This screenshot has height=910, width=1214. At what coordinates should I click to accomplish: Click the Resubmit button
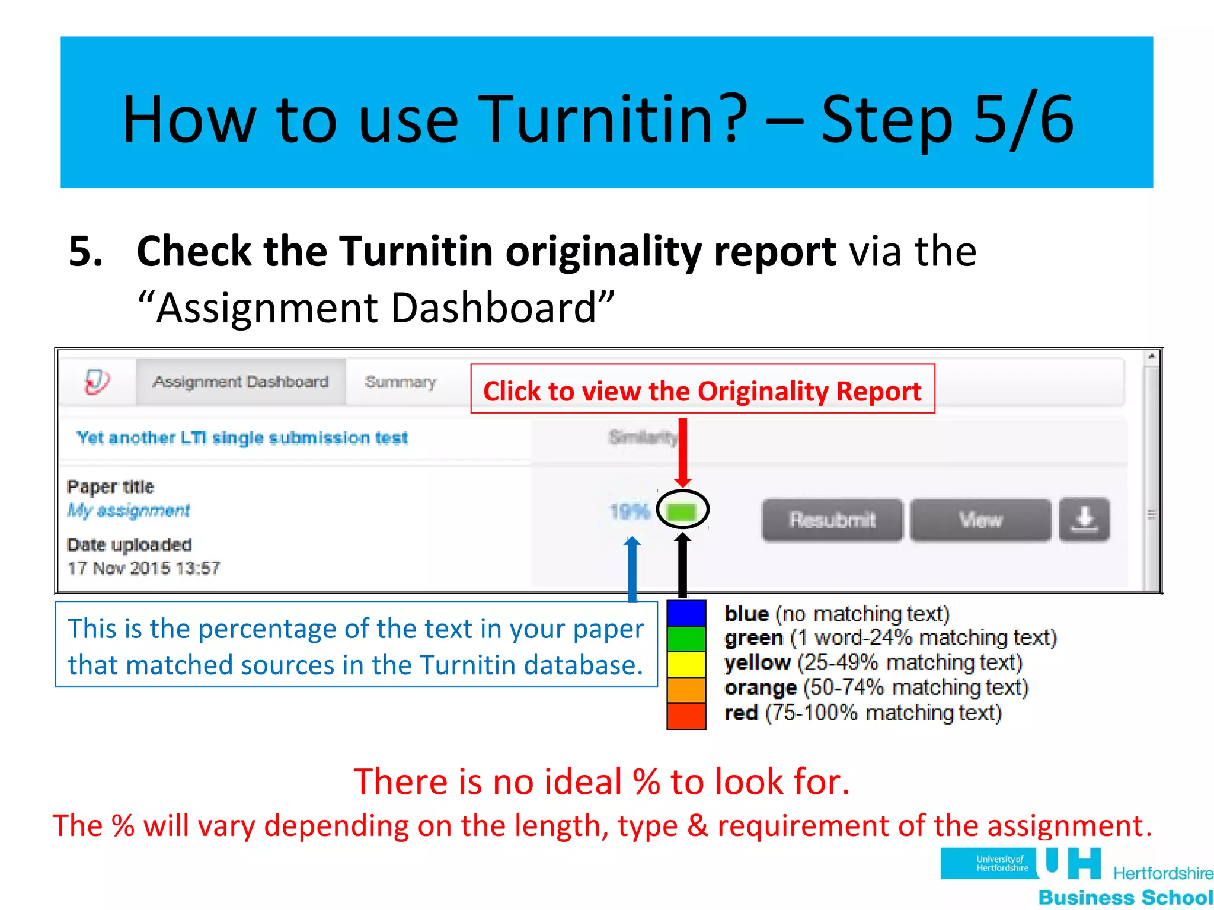coord(832,520)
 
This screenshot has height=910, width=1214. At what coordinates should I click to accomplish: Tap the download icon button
coord(1084,520)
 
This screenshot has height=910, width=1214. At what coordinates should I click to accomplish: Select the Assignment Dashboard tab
coord(241,382)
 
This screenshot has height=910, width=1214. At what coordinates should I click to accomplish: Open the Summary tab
coord(401,382)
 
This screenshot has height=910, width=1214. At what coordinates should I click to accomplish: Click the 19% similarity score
coord(630,511)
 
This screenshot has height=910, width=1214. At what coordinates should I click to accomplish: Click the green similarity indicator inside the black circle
coord(682,511)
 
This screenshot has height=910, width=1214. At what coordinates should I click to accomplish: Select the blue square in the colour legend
coord(686,613)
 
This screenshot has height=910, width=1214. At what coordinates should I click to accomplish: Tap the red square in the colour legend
coord(686,716)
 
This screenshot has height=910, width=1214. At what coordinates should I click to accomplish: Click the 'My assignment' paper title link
coord(129,510)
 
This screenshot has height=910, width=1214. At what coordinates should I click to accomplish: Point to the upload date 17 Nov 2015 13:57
coord(143,569)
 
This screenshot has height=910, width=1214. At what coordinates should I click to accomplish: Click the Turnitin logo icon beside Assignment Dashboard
coord(97,382)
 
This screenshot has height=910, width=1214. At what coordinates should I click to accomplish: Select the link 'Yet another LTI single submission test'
coord(242,438)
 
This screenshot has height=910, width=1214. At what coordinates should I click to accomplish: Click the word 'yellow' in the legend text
coord(757,663)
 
